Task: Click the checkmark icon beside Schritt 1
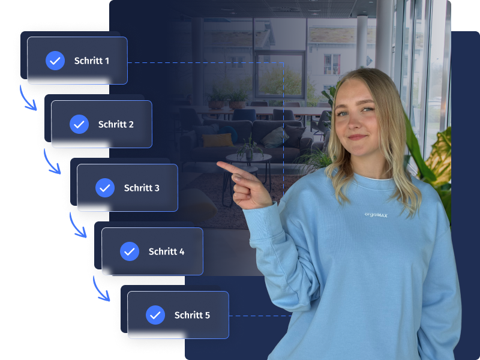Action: [55, 61]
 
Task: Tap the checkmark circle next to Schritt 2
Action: [79, 124]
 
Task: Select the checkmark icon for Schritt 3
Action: [105, 188]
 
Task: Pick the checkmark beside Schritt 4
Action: [130, 251]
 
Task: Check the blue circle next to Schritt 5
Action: [155, 315]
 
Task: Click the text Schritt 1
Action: [92, 61]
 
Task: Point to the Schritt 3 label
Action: [142, 188]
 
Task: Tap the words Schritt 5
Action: [192, 315]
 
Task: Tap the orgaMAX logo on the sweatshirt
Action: [376, 215]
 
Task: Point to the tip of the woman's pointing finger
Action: [218, 164]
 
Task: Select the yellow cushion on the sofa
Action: [217, 140]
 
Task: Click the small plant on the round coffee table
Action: [250, 146]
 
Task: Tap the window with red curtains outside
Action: [332, 64]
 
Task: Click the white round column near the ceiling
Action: [362, 42]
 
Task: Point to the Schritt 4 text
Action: [167, 251]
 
